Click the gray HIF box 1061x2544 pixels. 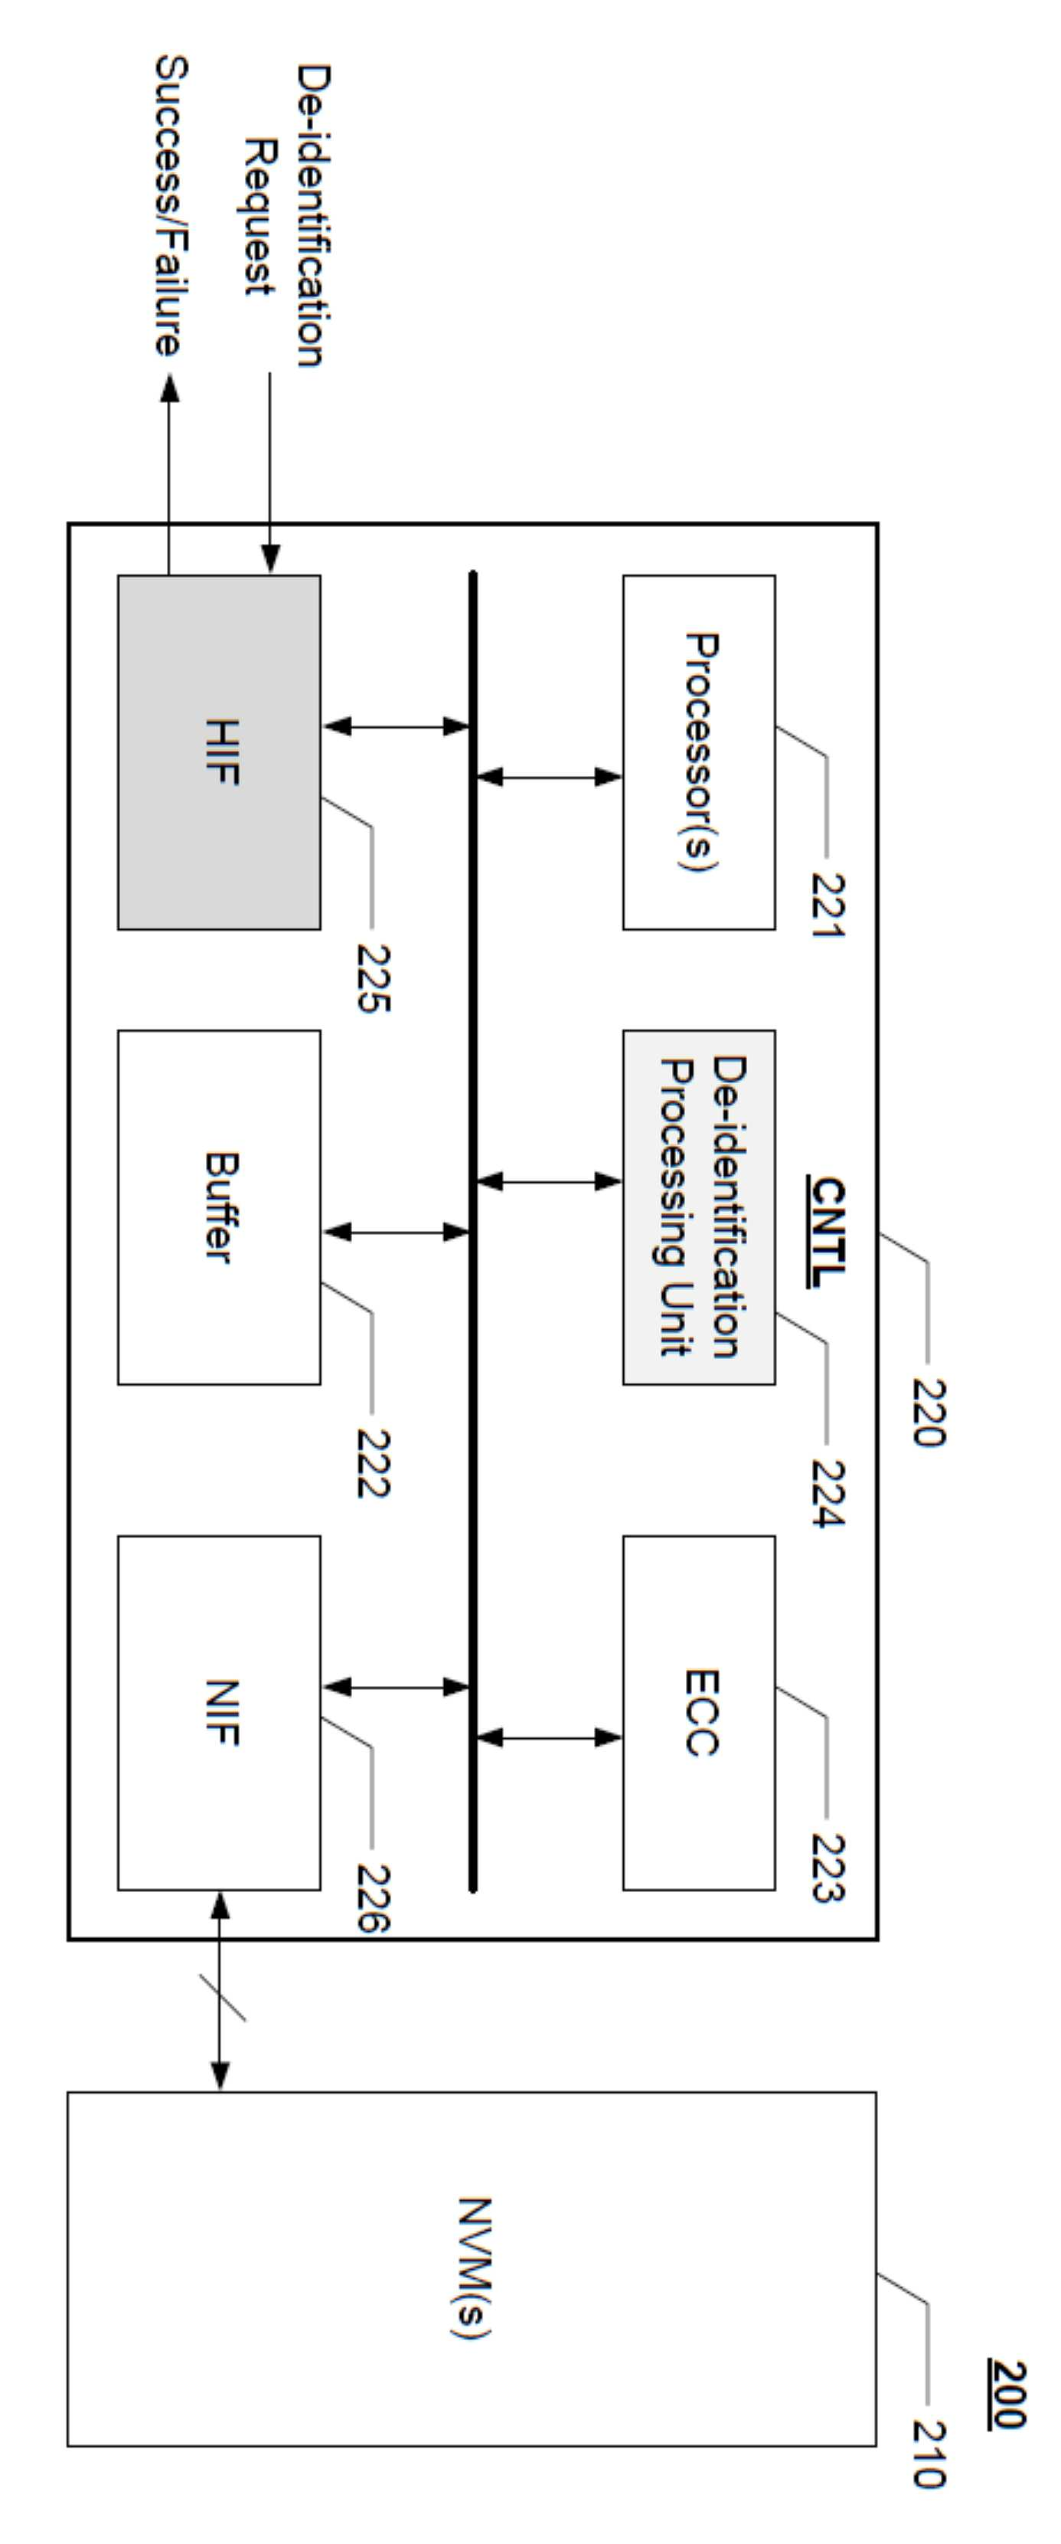(x=219, y=752)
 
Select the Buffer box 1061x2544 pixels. (x=219, y=1208)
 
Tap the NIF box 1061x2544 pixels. (x=219, y=1714)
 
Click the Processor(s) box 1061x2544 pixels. (x=699, y=752)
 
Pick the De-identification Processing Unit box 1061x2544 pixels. (x=699, y=1208)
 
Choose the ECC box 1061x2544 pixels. (x=699, y=1714)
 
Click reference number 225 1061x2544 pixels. (x=373, y=977)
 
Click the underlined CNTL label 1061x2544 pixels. (x=827, y=1233)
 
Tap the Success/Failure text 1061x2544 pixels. (x=168, y=205)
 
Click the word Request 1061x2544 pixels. (x=260, y=218)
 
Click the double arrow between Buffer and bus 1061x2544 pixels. (x=396, y=1232)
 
